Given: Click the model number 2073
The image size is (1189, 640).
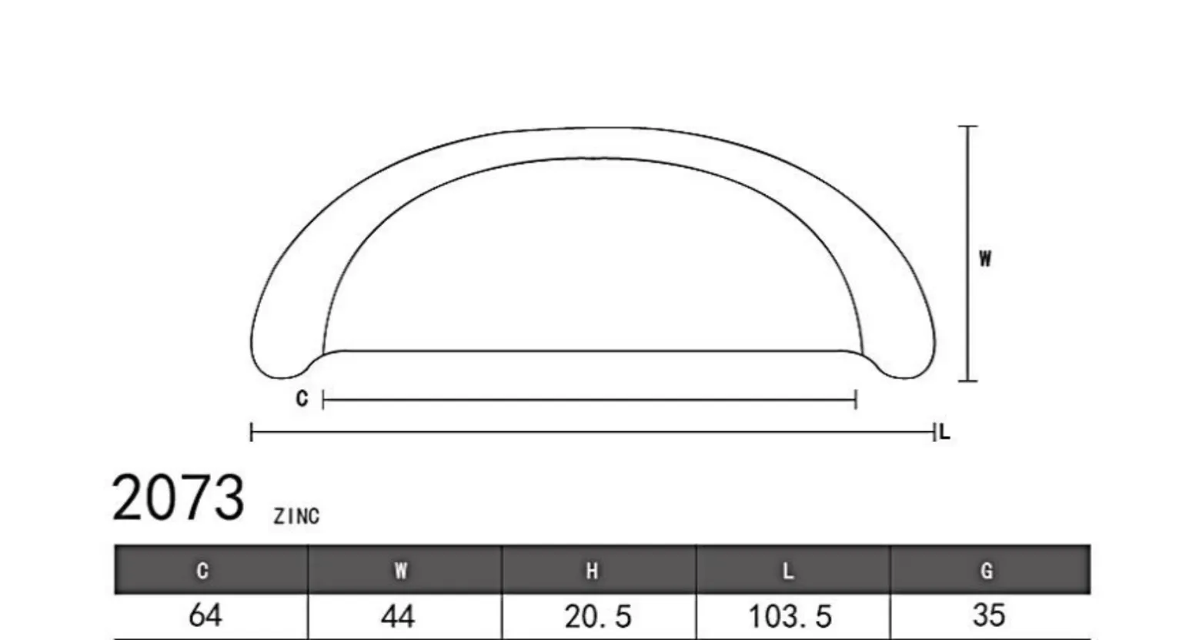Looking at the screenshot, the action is [178, 498].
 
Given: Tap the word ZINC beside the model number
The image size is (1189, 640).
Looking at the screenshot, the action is [297, 516].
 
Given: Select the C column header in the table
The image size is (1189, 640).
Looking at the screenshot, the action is [202, 571].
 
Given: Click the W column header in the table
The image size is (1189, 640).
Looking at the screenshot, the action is [401, 571].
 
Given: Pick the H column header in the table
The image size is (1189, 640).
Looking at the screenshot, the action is [592, 571].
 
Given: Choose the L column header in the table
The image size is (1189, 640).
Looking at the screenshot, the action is [788, 571].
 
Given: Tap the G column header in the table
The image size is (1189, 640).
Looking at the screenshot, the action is [987, 571].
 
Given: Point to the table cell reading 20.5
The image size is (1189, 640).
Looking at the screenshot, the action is [598, 617].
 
